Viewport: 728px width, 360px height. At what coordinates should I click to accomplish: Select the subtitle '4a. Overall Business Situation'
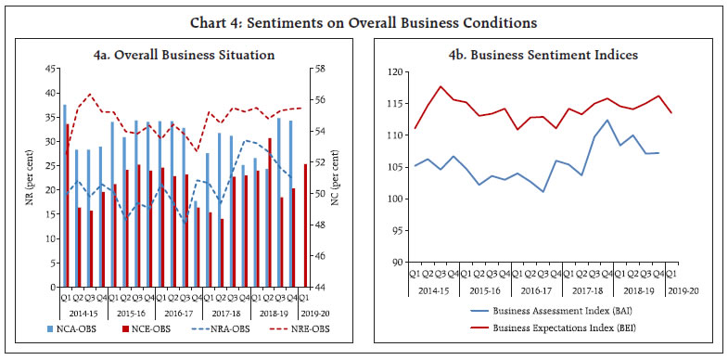coord(184,55)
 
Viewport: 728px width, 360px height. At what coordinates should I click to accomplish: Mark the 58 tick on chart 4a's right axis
coord(317,69)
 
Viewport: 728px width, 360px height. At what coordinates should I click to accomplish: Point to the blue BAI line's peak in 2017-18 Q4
coord(607,120)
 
